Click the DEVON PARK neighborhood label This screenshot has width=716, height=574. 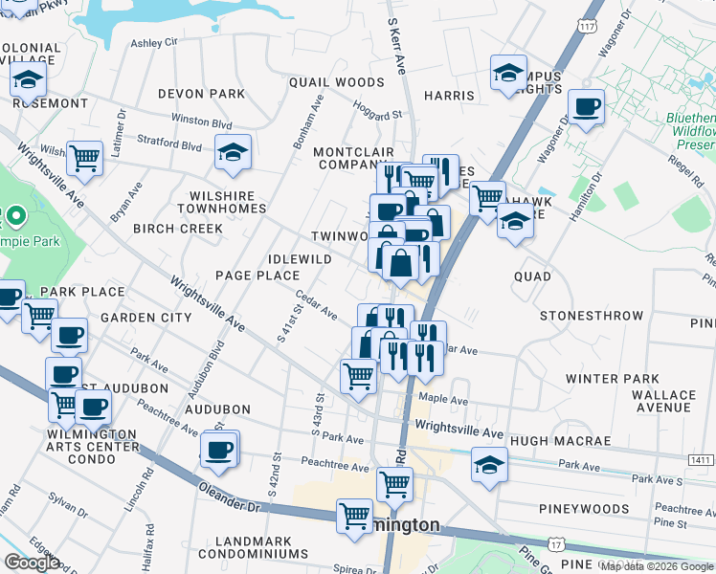click(x=202, y=94)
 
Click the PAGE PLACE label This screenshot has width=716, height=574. click(x=257, y=276)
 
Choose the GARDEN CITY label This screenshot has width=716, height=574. click(x=146, y=317)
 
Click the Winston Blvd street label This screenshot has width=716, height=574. click(x=201, y=122)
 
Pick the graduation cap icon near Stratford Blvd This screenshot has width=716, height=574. click(x=233, y=152)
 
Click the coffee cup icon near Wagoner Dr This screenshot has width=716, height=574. click(x=585, y=106)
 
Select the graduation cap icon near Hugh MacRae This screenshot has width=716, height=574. click(x=489, y=465)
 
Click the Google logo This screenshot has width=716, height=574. click(x=32, y=563)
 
